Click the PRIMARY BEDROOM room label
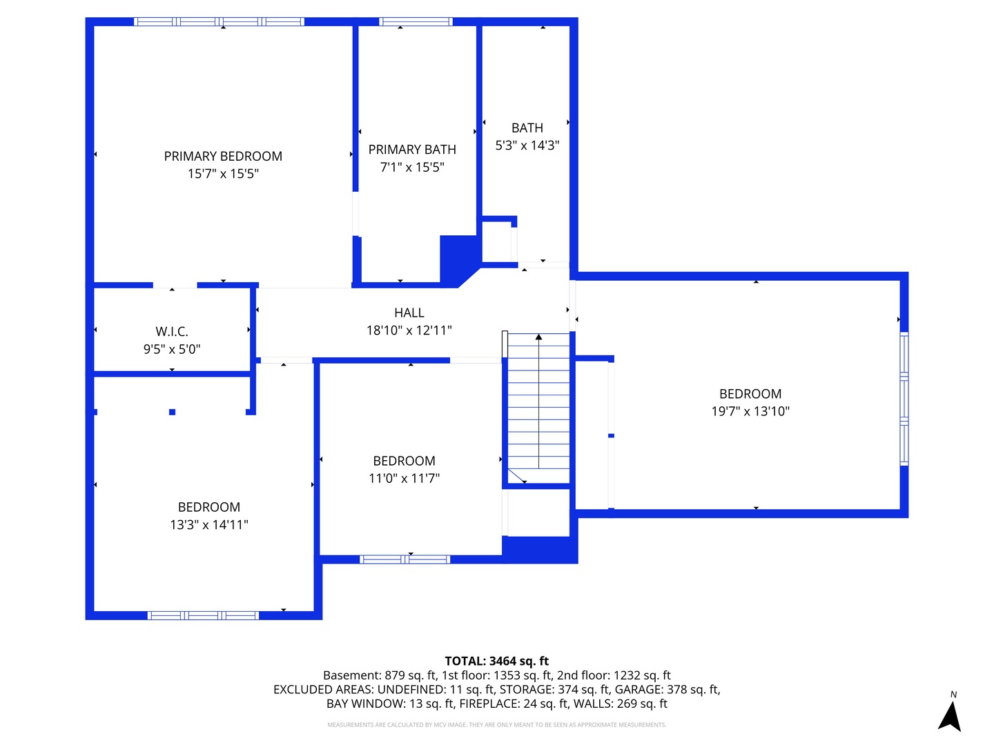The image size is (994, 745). coord(223,157)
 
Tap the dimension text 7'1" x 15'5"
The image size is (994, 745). coord(412,167)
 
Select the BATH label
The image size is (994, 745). coord(527,128)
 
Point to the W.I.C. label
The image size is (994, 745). coord(172,332)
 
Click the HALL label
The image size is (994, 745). coord(409,313)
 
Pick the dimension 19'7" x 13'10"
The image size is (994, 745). coord(750,411)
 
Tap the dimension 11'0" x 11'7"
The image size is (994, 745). coord(404,478)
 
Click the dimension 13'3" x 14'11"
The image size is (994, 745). coord(209,525)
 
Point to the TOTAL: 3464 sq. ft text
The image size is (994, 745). coord(496,661)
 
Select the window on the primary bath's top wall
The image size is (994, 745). coord(416,22)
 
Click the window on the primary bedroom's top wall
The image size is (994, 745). coord(219,22)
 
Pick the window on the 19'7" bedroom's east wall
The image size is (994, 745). coord(904,399)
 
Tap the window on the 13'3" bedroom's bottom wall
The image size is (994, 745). coord(203,615)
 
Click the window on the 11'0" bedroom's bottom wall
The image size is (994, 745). coord(405,559)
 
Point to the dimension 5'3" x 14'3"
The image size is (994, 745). coord(527,146)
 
